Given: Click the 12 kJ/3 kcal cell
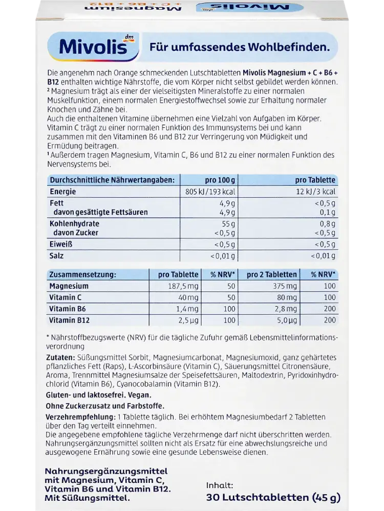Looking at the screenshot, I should (316, 192).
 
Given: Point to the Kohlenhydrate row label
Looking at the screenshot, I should (74, 224).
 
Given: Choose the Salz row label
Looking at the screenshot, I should (57, 255).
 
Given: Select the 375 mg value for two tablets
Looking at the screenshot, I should (285, 286).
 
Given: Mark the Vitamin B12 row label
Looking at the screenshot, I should (69, 320).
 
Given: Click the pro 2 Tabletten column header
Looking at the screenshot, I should (271, 274).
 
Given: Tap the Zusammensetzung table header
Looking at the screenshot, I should (82, 274).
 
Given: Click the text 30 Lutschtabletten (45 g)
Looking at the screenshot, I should (273, 497).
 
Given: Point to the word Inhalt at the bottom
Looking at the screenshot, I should (220, 485).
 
